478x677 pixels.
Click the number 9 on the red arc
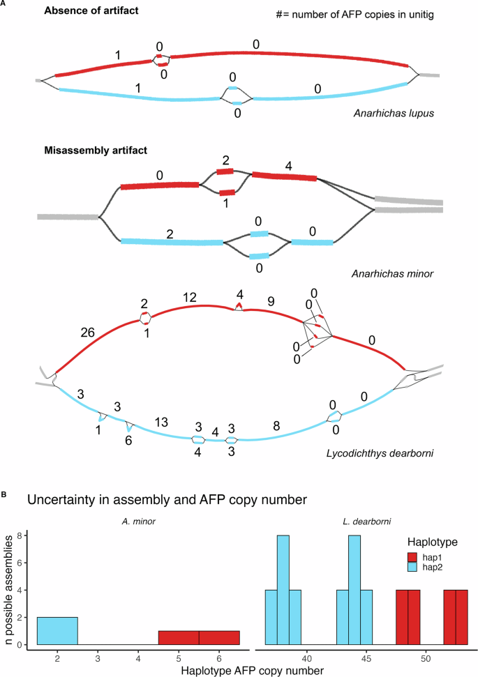point(271,302)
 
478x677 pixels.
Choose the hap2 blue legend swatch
point(412,568)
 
